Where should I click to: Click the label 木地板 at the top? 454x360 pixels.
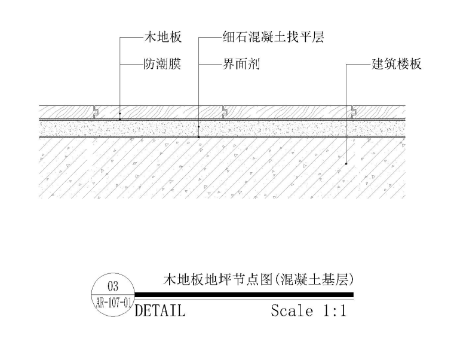point(161,37)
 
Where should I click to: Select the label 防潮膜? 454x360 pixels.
point(161,63)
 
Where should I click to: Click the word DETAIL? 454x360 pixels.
point(160,311)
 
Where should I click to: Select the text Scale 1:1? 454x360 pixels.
point(308,311)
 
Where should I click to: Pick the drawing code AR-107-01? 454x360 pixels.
point(113,302)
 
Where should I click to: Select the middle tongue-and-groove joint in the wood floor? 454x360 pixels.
point(224,112)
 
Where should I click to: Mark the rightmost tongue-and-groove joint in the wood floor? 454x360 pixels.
point(354,112)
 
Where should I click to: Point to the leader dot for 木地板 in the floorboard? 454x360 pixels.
point(119,112)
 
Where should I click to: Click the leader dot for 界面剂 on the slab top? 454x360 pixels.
point(198,137)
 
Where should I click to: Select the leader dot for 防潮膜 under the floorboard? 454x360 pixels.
point(119,119)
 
